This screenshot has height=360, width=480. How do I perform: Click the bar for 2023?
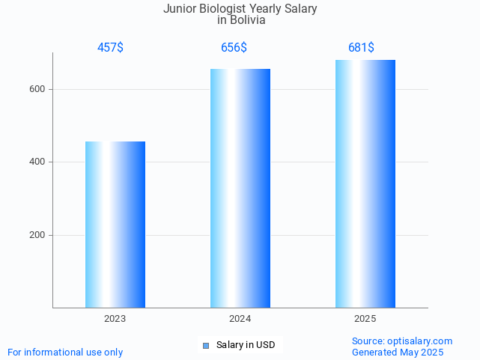(115, 225)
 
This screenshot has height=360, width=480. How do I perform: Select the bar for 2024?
(240, 188)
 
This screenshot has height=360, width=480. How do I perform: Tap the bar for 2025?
(365, 183)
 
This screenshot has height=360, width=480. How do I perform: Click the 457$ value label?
(110, 48)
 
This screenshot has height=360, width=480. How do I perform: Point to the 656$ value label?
(234, 48)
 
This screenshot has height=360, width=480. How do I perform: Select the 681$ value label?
(361, 48)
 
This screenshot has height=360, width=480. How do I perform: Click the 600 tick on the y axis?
(38, 89)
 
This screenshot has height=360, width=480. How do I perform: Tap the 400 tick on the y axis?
(38, 162)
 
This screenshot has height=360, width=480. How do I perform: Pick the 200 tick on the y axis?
(38, 235)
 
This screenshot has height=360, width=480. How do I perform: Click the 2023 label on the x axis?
(115, 319)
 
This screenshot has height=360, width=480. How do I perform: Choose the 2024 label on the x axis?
(240, 319)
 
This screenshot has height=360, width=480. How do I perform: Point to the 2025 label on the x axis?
(365, 319)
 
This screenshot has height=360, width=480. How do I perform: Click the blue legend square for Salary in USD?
(206, 345)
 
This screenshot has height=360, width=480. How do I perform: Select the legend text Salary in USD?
(246, 345)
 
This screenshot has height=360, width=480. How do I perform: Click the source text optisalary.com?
(419, 341)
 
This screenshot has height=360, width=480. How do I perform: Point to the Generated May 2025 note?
(398, 353)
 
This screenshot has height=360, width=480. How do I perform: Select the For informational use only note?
(65, 353)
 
